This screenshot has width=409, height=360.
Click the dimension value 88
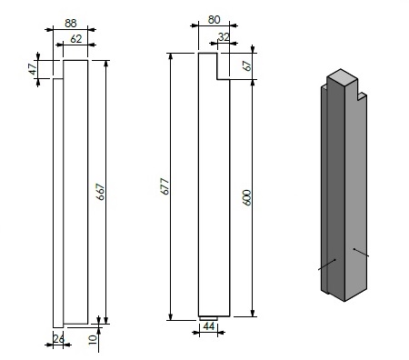click(x=71, y=24)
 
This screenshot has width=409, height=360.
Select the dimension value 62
click(x=76, y=39)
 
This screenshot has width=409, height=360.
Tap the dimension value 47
click(x=33, y=68)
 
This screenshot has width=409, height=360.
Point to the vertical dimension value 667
click(x=100, y=192)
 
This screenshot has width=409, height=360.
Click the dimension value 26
click(x=58, y=338)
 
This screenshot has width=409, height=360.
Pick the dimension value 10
click(x=93, y=339)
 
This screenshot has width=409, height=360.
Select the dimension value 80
click(x=214, y=20)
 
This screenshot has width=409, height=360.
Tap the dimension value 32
click(x=224, y=37)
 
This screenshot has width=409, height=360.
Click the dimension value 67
click(x=248, y=66)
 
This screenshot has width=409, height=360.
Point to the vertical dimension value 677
click(x=165, y=186)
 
